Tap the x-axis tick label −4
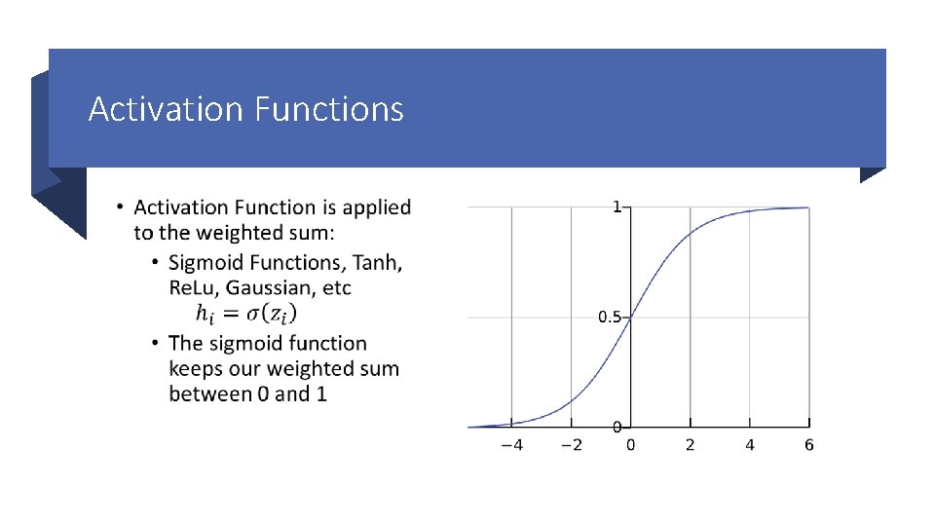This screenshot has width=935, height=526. tap(510, 445)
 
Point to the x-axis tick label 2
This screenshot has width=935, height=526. tap(690, 445)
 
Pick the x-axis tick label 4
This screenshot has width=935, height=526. tap(750, 445)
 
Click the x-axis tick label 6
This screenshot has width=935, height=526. tap(809, 445)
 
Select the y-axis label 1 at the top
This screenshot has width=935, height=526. tap(617, 207)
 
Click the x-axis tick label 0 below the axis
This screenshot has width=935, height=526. tap(630, 445)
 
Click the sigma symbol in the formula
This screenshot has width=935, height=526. tap(252, 314)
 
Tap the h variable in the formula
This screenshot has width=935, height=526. tap(203, 314)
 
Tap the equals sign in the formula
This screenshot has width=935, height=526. tap(229, 314)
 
